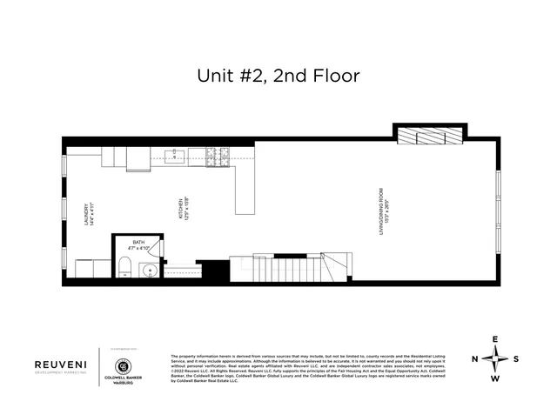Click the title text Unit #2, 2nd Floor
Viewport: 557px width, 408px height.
coord(278,77)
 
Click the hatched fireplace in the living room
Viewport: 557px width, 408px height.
coord(433,135)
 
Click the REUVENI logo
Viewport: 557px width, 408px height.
coord(60,366)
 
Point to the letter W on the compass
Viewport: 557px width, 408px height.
coord(496,378)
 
